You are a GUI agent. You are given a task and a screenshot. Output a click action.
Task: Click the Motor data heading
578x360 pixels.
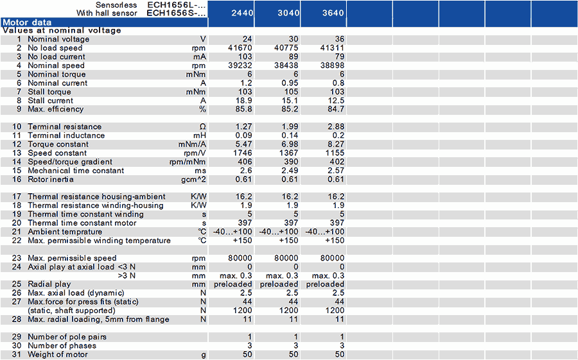[x=28, y=22]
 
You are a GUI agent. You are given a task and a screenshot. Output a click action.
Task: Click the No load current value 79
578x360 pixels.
[x=338, y=56]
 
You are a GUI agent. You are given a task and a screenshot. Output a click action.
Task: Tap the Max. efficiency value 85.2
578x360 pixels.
[x=290, y=109]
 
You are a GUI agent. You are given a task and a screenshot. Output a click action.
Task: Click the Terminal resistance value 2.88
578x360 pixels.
[x=336, y=126]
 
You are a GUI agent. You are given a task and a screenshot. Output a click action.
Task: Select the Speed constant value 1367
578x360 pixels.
[x=288, y=153]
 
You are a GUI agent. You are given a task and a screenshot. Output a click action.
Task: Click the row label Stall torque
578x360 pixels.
[x=50, y=92]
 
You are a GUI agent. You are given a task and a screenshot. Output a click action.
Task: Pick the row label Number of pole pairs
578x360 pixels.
[x=67, y=337]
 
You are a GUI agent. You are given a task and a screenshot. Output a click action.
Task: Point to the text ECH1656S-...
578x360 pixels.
[x=177, y=13]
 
